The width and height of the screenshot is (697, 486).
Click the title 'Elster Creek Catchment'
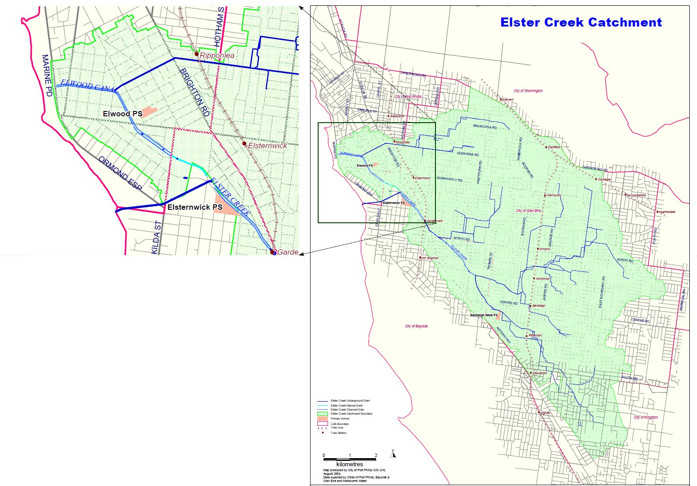581,22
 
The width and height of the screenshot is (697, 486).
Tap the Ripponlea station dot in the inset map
196,54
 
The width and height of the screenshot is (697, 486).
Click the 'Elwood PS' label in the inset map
122,114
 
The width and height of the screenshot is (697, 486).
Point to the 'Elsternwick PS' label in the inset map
195,208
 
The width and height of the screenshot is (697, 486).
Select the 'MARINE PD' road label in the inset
47,75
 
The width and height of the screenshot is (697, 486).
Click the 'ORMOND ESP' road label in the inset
119,173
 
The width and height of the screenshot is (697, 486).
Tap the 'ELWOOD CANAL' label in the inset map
88,86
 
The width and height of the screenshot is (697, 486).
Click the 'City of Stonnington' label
528,91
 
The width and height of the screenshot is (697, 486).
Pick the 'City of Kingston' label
646,417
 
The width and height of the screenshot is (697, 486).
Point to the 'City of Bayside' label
416,326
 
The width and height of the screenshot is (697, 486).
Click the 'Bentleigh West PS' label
484,315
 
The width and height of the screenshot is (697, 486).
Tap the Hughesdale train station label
667,212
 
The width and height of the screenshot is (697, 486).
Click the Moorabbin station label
540,373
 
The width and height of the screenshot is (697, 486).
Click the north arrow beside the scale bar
393,454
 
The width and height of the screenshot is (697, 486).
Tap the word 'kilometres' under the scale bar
349,464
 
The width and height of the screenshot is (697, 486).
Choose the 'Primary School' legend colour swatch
322,419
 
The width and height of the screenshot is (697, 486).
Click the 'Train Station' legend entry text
338,433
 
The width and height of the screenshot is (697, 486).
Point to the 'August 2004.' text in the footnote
332,473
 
